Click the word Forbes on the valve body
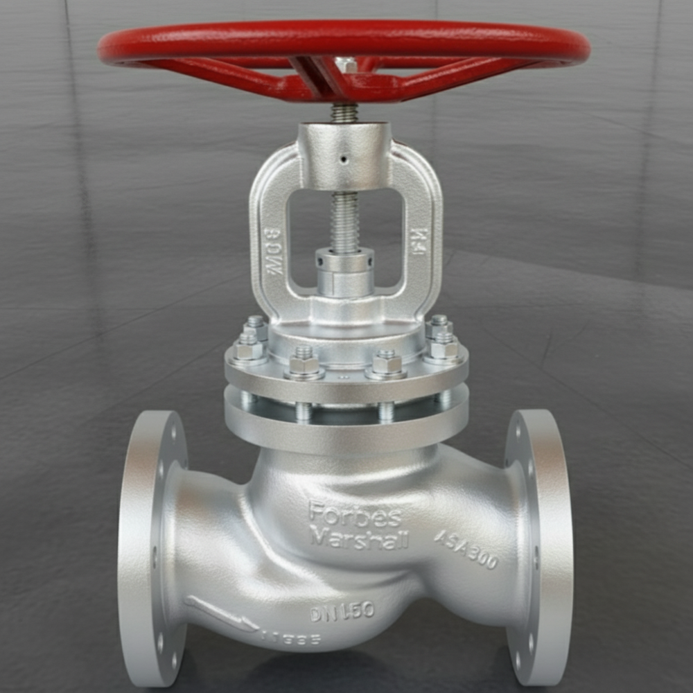pyautogui.click(x=354, y=515)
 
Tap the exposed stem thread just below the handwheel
pyautogui.click(x=344, y=113)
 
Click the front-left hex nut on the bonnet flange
pyautogui.click(x=304, y=362)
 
